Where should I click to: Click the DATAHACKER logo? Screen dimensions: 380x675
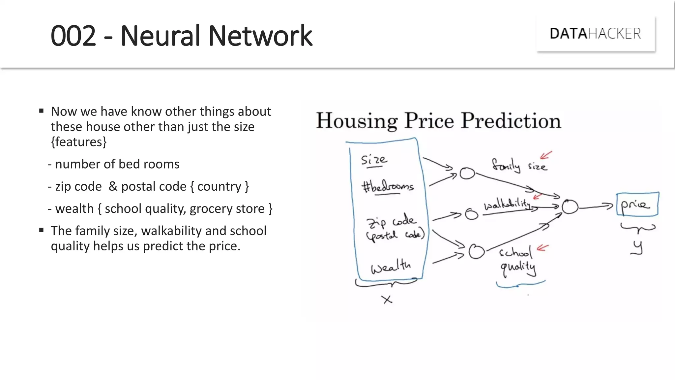click(x=595, y=34)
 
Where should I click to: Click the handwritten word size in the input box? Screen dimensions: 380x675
click(x=374, y=160)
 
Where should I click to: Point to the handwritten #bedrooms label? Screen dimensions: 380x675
click(x=388, y=187)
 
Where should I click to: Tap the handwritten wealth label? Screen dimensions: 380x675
click(x=391, y=266)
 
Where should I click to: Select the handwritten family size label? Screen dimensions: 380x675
click(x=519, y=165)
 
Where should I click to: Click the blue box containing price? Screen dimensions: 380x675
click(x=637, y=205)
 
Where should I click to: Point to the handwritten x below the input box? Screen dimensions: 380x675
click(x=387, y=300)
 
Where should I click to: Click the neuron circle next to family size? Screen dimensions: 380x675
click(x=467, y=173)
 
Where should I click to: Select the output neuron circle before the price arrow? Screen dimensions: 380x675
click(x=570, y=207)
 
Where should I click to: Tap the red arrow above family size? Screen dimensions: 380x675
click(x=546, y=155)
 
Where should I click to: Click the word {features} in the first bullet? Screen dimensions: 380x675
click(x=79, y=142)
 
